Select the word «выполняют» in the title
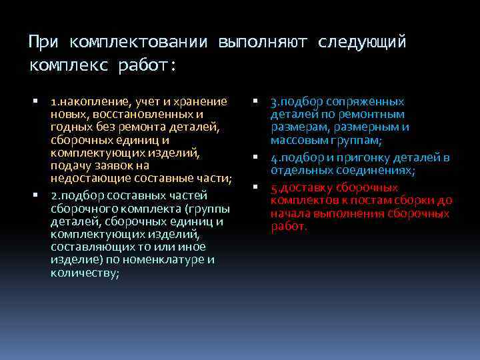pyautogui.click(x=263, y=43)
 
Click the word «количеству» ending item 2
pyautogui.click(x=85, y=273)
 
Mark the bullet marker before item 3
pyautogui.click(x=255, y=102)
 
